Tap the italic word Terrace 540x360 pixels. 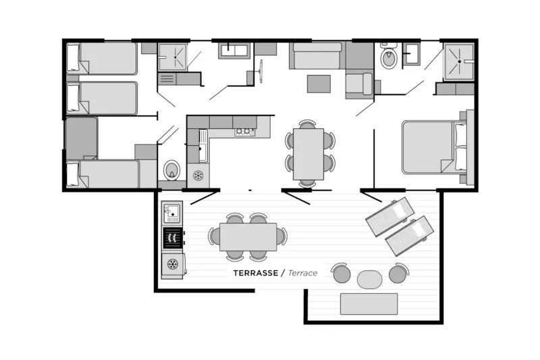[302, 274]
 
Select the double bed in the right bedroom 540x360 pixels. [432, 147]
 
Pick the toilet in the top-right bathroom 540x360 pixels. [389, 58]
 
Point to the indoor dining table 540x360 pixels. [308, 153]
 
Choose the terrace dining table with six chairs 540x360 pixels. [248, 236]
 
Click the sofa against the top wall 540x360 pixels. [317, 57]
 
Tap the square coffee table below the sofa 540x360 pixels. [319, 84]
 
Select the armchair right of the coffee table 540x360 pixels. [359, 84]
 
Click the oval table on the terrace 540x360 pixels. [369, 279]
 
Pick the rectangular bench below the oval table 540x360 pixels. [369, 304]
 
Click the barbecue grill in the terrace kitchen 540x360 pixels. [173, 238]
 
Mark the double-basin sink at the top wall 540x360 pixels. [234, 50]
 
